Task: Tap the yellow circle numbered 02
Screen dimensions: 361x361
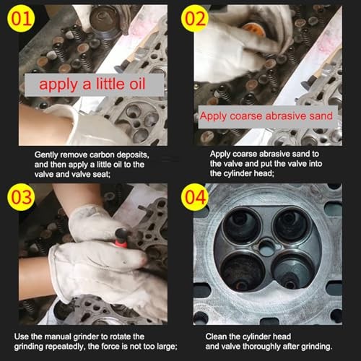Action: tap(195, 19)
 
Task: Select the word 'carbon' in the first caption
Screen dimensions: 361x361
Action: tap(102, 155)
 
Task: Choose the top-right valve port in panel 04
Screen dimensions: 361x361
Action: tap(293, 225)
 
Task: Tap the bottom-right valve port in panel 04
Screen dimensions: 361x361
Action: tap(294, 271)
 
